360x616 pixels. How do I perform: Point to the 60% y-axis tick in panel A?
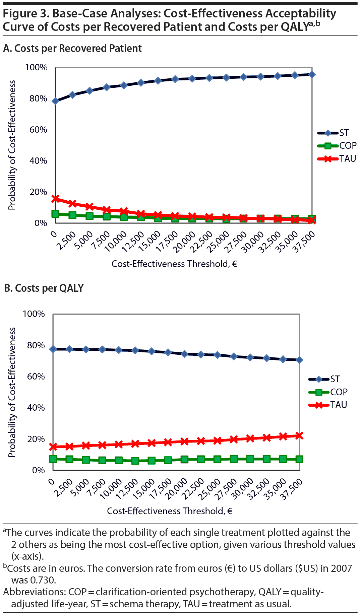pos(38,130)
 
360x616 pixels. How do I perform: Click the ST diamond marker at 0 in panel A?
pos(56,101)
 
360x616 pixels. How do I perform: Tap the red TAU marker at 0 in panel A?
pos(56,199)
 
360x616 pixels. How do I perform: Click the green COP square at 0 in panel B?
pos(53,459)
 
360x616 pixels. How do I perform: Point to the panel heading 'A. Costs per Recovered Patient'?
pos(72,49)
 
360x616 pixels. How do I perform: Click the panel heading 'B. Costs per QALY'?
pos(44,288)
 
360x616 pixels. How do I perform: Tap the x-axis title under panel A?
pos(174,264)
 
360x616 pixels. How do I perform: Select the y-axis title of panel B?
pos(12,392)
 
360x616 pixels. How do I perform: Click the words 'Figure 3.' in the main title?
pos(25,13)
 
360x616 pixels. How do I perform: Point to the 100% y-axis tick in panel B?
pos(34,314)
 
